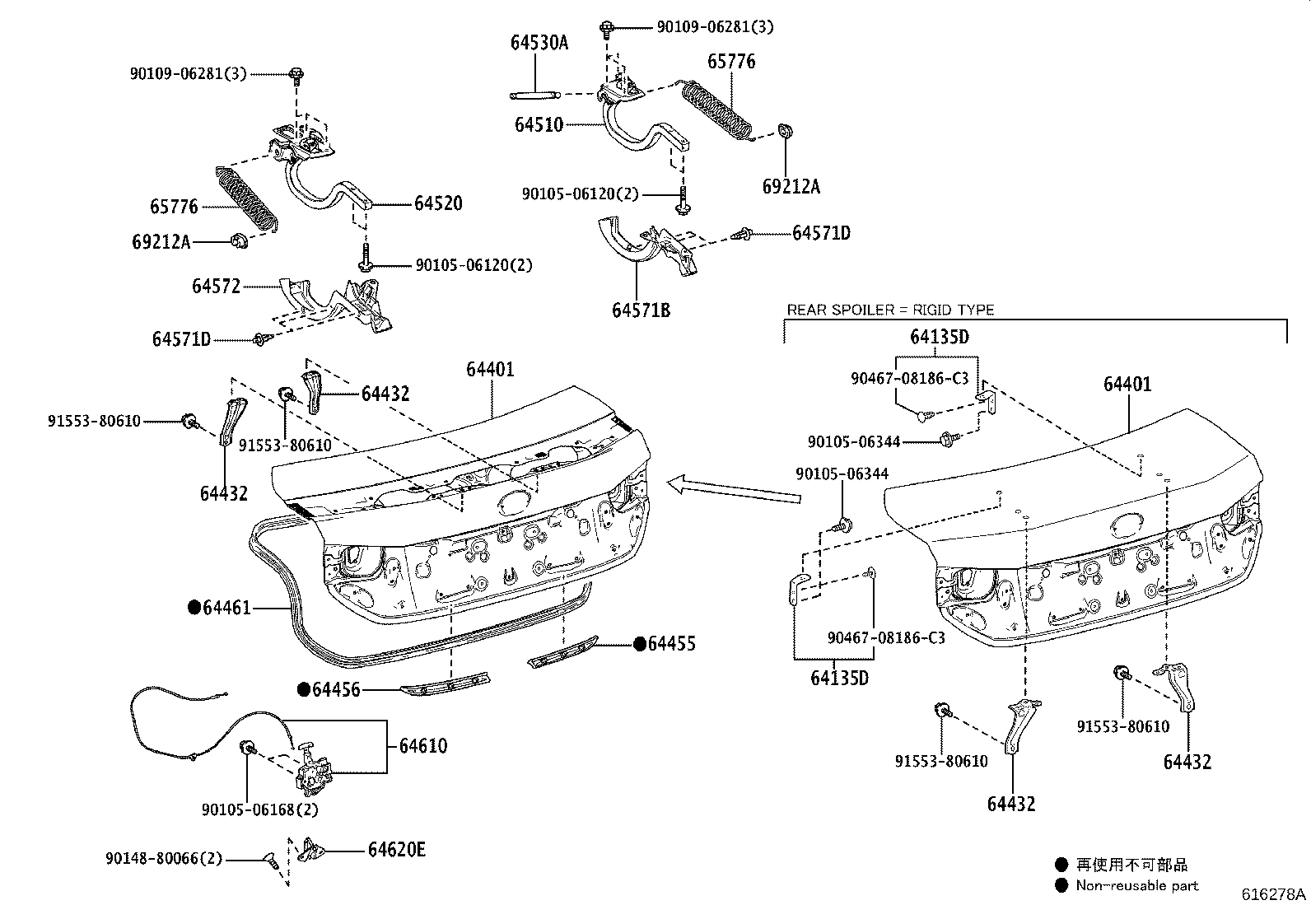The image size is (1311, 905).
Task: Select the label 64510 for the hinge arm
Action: pos(539,125)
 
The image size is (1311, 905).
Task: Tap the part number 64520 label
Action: pos(438,203)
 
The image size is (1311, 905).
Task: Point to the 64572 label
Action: pos(217,286)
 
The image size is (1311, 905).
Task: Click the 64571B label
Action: pos(641,310)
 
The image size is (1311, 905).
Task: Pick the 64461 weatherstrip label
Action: pos(226,608)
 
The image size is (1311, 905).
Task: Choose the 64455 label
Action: pos(671,643)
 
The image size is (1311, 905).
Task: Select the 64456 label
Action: pos(336,689)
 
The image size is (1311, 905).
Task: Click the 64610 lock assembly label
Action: pos(423,746)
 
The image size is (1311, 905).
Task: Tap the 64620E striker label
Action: pos(396,850)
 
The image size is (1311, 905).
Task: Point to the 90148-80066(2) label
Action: pos(164,859)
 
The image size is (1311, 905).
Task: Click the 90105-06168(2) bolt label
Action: pos(259,809)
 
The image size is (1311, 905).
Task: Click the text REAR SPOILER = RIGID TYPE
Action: pos(890,310)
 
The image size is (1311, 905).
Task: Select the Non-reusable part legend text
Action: pos(1137,885)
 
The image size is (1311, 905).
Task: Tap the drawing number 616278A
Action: pos(1274,893)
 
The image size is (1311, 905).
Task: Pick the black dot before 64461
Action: pos(194,608)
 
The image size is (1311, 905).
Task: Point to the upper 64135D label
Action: pos(939,336)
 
